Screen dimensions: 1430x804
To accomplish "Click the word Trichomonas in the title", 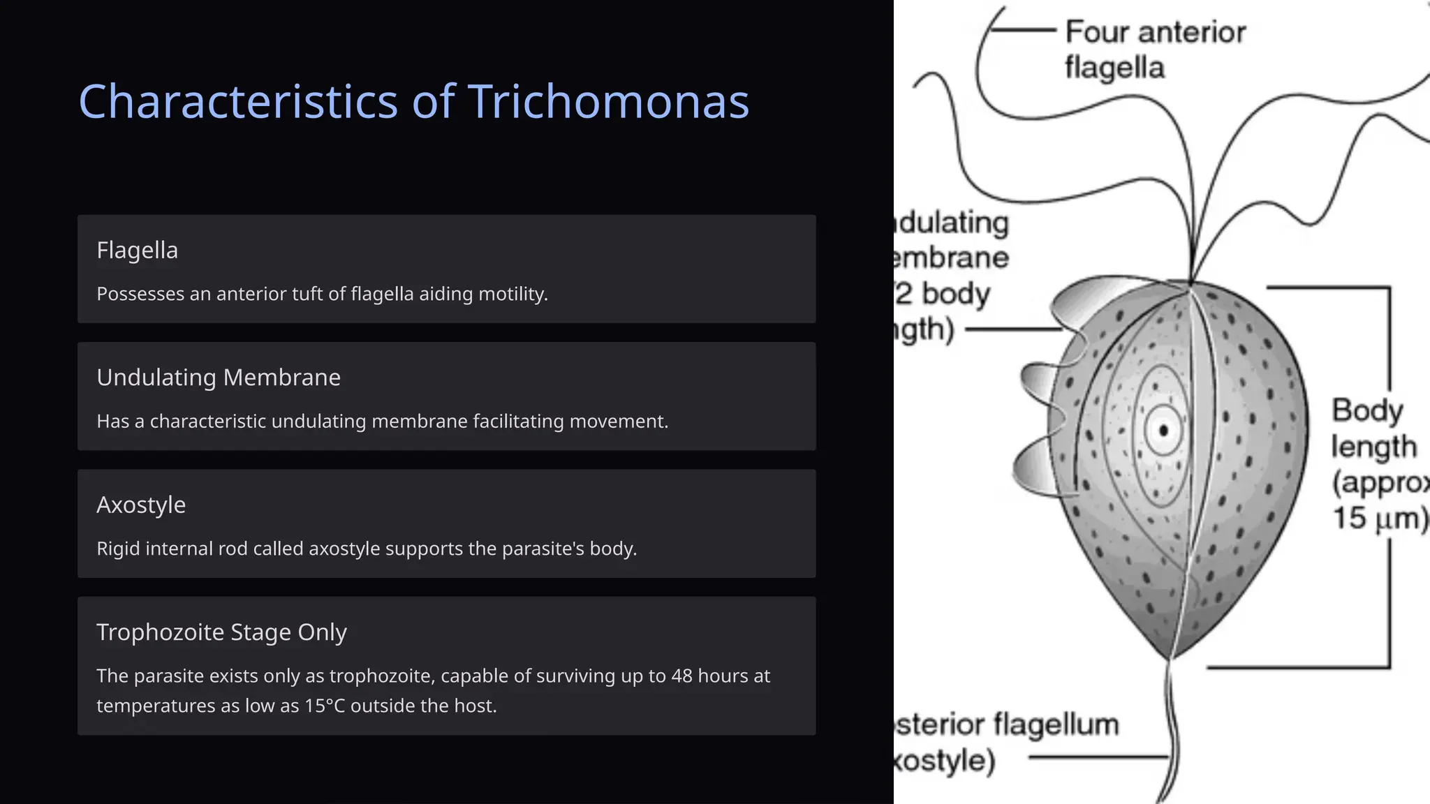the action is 608,102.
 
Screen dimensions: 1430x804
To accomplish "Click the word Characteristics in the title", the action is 239,102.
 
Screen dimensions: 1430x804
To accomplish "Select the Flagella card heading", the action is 137,250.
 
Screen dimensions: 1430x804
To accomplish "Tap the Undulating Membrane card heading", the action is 219,378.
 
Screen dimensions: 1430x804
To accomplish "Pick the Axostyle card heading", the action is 141,505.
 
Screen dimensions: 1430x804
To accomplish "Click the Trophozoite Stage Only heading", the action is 221,632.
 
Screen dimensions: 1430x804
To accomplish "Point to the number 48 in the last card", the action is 681,676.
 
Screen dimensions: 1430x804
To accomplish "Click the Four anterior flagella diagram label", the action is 1155,50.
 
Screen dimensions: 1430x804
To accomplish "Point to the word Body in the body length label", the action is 1366,410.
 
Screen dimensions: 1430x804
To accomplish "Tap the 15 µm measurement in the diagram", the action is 1379,519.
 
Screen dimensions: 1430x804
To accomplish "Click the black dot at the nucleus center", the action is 1163,430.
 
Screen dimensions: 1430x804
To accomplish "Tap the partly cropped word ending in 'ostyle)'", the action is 945,760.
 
